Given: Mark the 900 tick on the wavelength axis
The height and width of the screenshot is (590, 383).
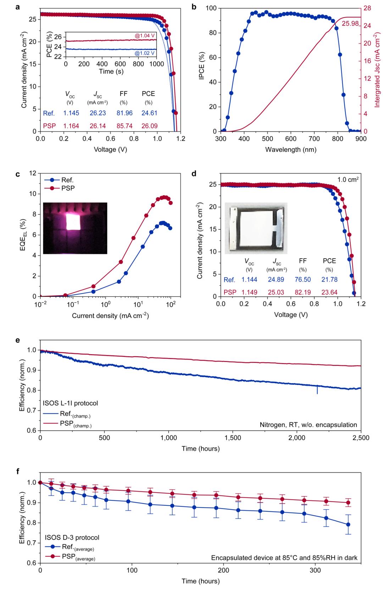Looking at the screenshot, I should click(x=361, y=138).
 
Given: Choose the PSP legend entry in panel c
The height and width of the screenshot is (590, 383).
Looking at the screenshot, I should click(x=67, y=188).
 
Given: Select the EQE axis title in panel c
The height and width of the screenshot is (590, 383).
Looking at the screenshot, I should click(x=24, y=234).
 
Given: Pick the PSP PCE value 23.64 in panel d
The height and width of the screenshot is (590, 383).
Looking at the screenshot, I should click(x=329, y=292).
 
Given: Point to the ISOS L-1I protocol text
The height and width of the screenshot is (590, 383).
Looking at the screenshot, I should click(x=71, y=403).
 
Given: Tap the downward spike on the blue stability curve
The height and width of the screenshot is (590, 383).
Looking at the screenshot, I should click(x=317, y=390).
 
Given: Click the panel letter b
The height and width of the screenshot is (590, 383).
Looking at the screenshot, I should click(x=194, y=6).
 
